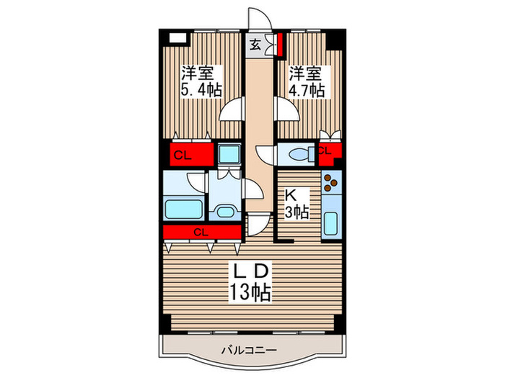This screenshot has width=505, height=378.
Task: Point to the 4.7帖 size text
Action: pyautogui.click(x=307, y=90)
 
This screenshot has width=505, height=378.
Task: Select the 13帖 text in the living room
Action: pyautogui.click(x=251, y=292)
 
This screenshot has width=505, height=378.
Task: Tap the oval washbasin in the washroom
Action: pyautogui.click(x=224, y=212)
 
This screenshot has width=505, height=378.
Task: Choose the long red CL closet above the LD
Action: pyautogui.click(x=201, y=232)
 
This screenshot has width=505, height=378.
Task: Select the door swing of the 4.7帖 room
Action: pyautogui.click(x=284, y=110)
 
